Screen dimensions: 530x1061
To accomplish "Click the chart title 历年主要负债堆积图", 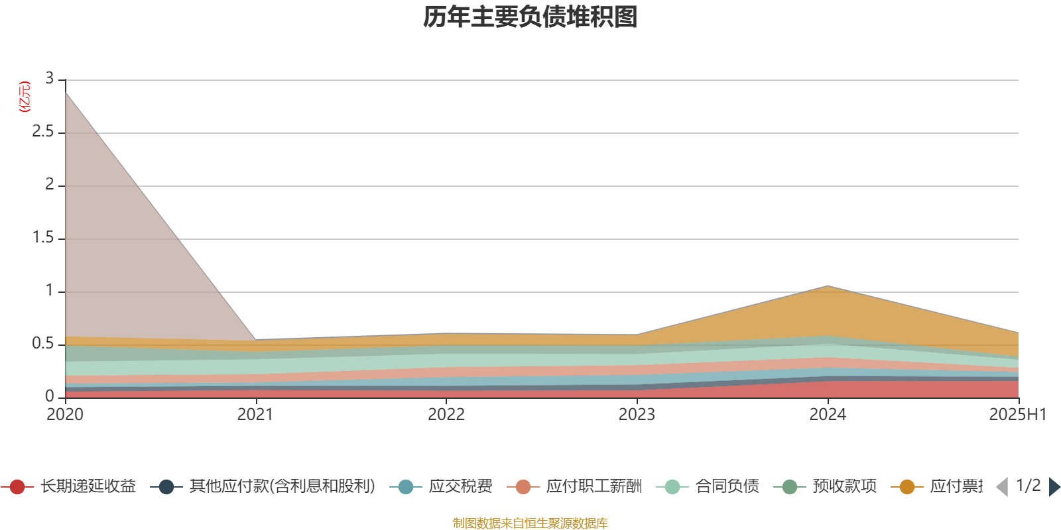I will (x=530, y=17).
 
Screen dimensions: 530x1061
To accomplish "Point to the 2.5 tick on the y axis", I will (x=43, y=132).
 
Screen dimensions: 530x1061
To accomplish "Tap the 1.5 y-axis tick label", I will (x=43, y=238).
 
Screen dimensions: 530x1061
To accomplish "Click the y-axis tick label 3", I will (x=49, y=79).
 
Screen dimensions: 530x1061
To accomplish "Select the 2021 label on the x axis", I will (x=255, y=415).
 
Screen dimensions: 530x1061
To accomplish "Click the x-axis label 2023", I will (x=637, y=415).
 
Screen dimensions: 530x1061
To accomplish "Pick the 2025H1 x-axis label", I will (x=1017, y=415).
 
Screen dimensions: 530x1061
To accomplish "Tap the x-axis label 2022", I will (x=446, y=415).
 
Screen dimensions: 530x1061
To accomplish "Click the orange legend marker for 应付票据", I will (x=907, y=487).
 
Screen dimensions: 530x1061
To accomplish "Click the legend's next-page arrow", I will (x=1054, y=487).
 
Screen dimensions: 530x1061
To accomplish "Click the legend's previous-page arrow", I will (x=1002, y=487).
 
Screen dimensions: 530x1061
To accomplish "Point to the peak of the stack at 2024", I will (x=828, y=286).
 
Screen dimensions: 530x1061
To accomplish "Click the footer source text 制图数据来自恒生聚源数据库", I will (x=530, y=523).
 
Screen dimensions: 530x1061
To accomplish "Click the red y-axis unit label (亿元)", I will (x=24, y=97).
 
